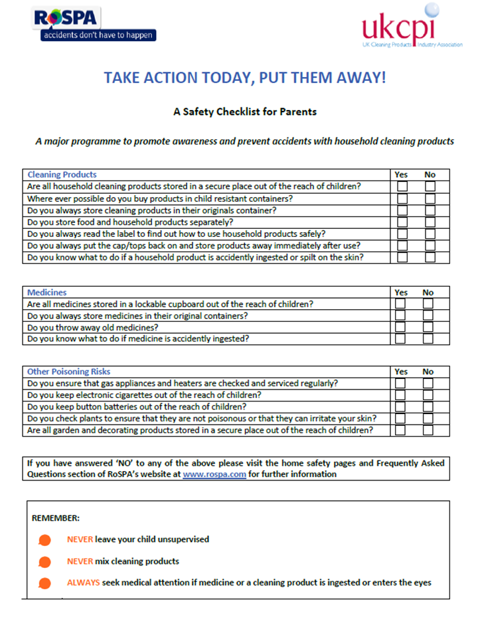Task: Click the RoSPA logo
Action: pos(94,25)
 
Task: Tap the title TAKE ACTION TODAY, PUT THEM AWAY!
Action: pos(244,78)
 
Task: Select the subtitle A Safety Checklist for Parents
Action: pos(245,111)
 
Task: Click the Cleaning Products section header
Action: pos(62,175)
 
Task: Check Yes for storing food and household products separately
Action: pos(402,222)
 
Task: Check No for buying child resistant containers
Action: pos(430,198)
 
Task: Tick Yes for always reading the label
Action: pos(402,234)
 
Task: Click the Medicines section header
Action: pos(46,292)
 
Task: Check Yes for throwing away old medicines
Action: pos(400,327)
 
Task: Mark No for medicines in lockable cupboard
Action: pos(428,304)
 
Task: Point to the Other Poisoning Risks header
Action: pos(69,372)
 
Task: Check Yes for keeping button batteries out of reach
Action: pos(400,407)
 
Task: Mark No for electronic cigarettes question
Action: pos(428,395)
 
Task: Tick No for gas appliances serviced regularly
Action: pos(428,384)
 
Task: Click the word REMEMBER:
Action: pos(55,518)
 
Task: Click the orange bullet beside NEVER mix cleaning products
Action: pos(44,562)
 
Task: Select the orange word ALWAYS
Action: pos(83,583)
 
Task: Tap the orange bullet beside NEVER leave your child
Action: pos(44,540)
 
